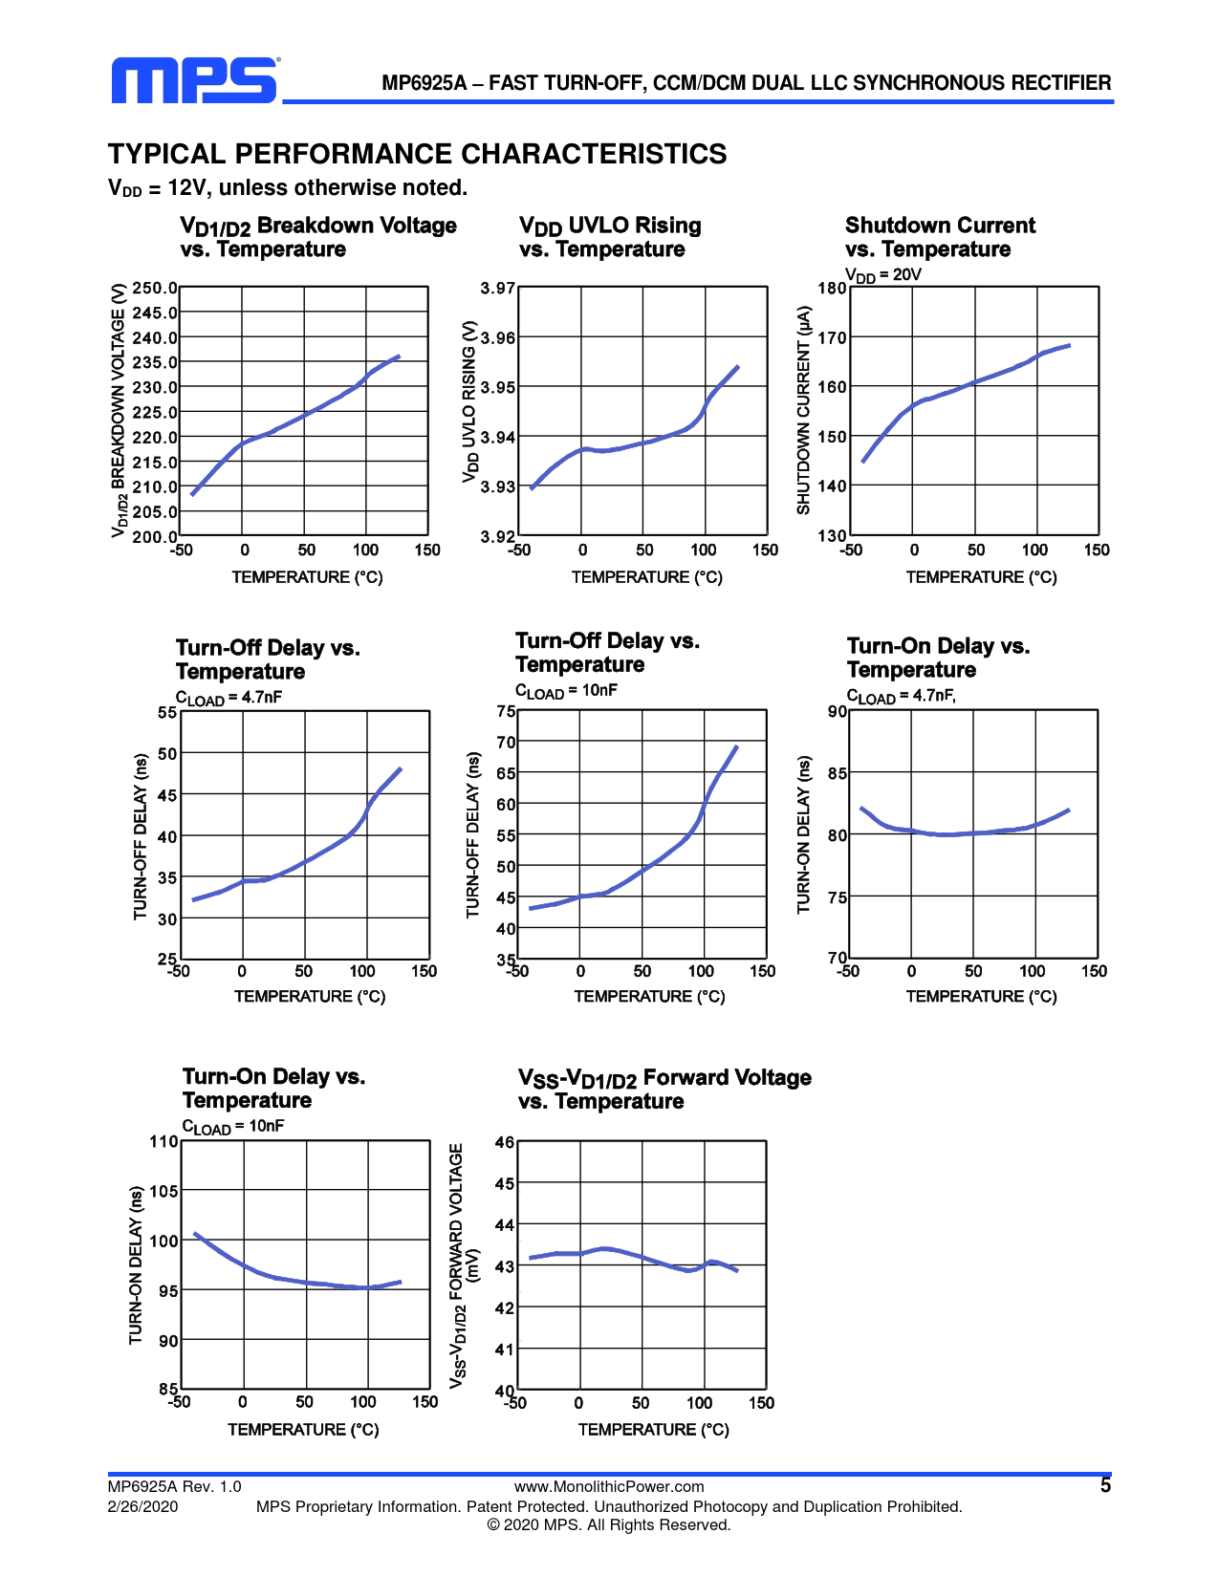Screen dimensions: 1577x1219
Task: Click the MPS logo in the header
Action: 194,81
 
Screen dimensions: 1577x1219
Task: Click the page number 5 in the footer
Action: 1105,1485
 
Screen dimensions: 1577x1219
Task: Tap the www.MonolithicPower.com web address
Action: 609,1486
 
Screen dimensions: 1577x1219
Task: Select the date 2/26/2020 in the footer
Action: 142,1506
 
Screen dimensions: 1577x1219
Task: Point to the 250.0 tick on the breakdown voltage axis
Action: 155,288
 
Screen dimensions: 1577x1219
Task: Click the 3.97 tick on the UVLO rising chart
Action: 497,288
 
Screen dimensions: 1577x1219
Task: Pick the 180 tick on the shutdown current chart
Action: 832,288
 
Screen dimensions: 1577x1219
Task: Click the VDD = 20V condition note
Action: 883,275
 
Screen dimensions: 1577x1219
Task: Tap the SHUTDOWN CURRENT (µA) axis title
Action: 804,410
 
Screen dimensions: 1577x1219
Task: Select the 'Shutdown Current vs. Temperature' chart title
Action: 940,237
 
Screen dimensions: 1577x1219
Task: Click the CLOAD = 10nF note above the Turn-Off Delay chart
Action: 566,691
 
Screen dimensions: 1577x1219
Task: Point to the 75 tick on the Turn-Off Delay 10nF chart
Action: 506,711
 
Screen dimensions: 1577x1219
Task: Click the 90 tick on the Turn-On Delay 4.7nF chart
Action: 838,711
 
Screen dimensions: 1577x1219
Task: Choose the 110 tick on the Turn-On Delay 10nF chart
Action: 163,1141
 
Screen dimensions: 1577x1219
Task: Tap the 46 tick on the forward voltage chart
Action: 505,1142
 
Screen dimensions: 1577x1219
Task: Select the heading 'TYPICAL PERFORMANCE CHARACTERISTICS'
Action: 417,154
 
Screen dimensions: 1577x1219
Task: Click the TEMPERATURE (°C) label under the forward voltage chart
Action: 653,1429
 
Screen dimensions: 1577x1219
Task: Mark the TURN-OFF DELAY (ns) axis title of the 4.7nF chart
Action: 141,836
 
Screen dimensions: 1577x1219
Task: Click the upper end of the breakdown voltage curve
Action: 398,356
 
